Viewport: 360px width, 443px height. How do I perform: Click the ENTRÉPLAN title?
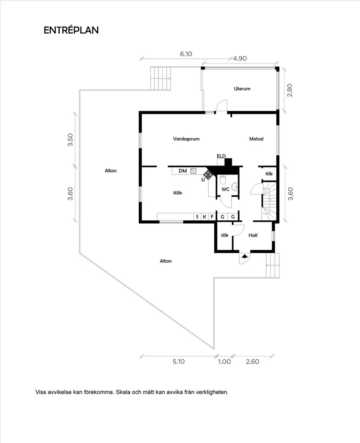(x=71, y=30)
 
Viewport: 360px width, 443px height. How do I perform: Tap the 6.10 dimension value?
(x=186, y=54)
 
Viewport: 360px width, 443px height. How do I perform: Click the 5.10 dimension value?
(x=179, y=361)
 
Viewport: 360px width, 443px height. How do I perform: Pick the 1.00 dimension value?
(x=224, y=361)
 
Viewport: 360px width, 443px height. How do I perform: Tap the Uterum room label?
(x=242, y=89)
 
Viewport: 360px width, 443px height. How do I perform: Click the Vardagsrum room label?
(x=186, y=139)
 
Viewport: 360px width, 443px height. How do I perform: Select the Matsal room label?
(x=256, y=139)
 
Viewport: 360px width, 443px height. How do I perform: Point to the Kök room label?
(x=177, y=192)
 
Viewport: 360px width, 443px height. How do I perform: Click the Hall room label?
(x=253, y=235)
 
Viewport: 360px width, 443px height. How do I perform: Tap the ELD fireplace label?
(x=221, y=156)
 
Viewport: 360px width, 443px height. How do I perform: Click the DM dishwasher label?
(x=183, y=171)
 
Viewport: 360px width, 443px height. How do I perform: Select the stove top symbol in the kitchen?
(x=209, y=175)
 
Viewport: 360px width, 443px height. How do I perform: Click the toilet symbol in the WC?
(x=223, y=180)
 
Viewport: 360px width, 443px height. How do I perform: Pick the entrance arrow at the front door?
(x=244, y=257)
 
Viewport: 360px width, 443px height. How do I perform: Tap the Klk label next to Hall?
(x=225, y=235)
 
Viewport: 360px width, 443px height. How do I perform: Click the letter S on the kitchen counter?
(x=197, y=216)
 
